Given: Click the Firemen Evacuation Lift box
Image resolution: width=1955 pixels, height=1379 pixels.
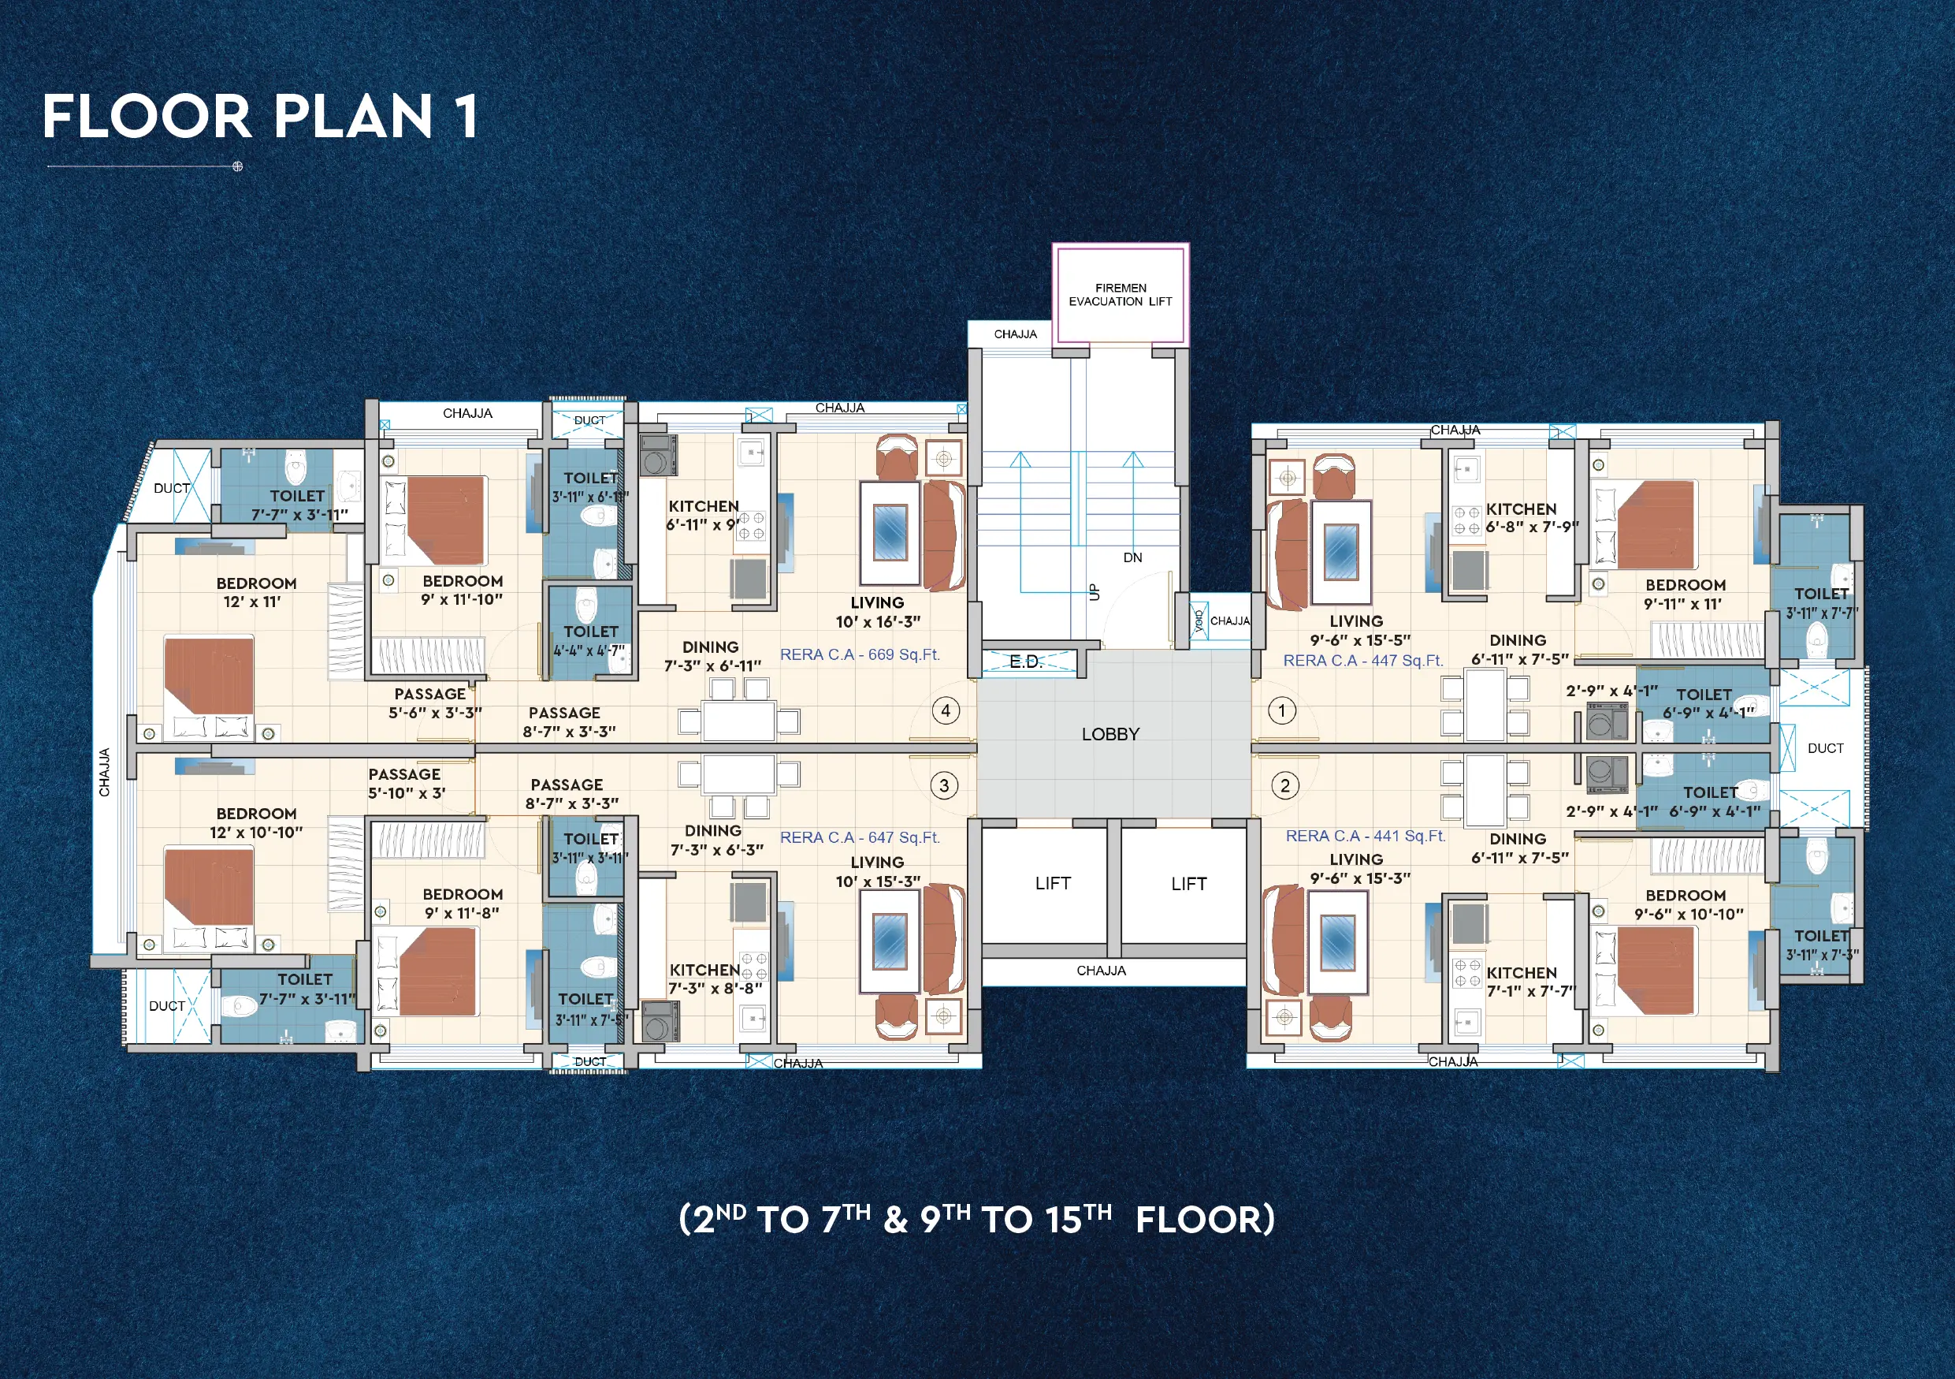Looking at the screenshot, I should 1120,295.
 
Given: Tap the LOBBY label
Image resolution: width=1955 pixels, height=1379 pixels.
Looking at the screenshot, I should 1109,734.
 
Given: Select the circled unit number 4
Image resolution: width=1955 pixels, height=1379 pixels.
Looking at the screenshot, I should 945,710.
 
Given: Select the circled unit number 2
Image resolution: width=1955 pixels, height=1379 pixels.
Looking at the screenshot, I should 1284,785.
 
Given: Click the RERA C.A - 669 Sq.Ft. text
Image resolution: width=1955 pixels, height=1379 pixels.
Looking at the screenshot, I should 859,654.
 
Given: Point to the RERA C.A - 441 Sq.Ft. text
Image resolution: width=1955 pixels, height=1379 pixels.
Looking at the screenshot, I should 1365,836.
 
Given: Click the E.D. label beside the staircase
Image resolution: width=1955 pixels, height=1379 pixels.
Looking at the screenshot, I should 1025,662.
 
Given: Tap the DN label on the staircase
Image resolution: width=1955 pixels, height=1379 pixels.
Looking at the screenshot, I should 1132,558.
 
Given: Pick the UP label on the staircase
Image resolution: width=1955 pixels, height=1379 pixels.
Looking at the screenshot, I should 1095,592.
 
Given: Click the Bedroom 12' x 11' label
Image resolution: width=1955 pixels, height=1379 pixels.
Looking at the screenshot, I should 255,592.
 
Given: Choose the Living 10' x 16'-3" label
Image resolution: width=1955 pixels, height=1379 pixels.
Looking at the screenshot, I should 877,612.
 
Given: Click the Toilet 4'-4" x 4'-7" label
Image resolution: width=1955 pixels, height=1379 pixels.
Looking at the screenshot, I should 590,640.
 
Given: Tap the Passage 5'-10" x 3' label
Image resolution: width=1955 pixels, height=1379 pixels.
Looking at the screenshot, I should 405,783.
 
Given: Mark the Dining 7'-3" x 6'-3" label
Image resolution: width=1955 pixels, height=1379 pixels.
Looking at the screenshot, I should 715,840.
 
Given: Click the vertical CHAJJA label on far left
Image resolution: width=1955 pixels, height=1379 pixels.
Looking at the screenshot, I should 105,773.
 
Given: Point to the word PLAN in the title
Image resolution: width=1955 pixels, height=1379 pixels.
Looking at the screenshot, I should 352,117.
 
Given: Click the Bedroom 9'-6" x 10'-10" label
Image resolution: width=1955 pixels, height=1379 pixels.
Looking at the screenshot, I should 1687,904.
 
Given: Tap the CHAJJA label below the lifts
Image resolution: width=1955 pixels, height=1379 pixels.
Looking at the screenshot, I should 1100,970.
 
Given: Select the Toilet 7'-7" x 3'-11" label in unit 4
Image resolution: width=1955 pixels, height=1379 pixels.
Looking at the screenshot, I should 298,505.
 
